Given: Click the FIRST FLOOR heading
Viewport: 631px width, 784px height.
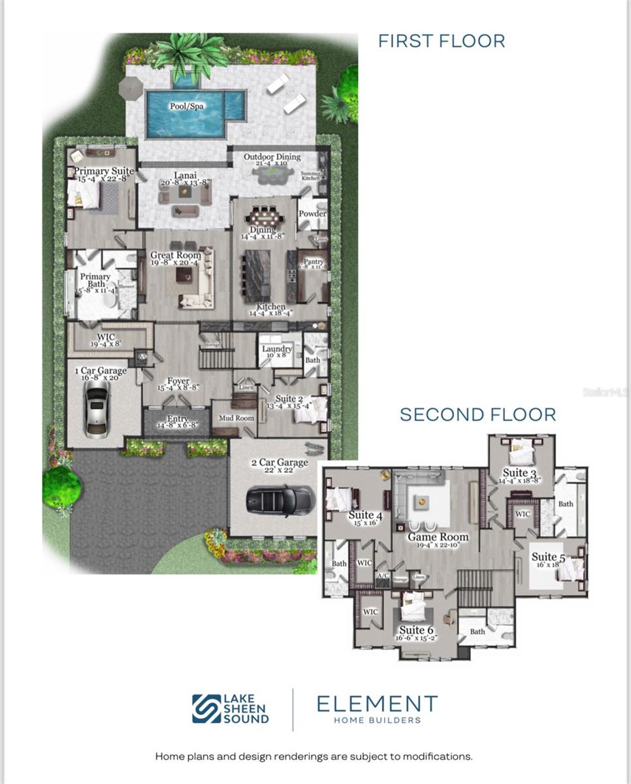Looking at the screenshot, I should pyautogui.click(x=442, y=41).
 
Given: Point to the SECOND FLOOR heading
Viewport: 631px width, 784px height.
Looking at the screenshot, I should pyautogui.click(x=477, y=414).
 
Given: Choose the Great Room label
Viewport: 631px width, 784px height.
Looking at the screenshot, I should pyautogui.click(x=176, y=255).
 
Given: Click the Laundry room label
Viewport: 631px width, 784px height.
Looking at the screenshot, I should pyautogui.click(x=277, y=350).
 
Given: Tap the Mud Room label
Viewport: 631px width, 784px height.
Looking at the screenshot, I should pyautogui.click(x=236, y=418).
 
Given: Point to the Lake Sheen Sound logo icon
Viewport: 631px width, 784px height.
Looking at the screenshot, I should pyautogui.click(x=206, y=709).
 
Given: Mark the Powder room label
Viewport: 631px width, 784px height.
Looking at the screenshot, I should pyautogui.click(x=312, y=214).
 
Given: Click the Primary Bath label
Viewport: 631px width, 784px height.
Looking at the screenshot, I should pyautogui.click(x=95, y=281).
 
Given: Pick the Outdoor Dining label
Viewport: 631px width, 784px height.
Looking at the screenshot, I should pyautogui.click(x=272, y=157).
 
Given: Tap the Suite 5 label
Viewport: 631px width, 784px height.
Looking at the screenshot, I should pyautogui.click(x=548, y=557).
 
